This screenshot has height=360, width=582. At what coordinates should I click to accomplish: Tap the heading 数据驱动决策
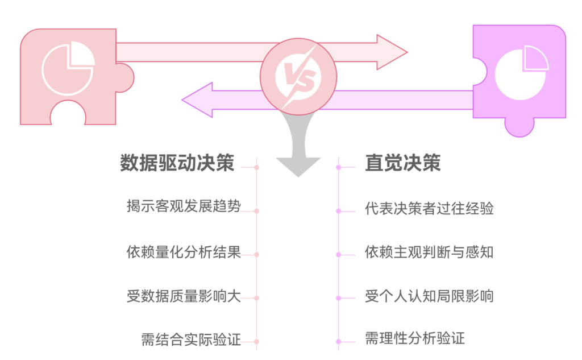[x=177, y=163]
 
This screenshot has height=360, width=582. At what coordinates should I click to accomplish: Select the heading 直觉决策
[x=403, y=163]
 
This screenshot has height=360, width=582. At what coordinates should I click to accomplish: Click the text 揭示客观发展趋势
[x=184, y=206]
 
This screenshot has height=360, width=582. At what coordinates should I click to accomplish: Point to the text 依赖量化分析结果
[x=184, y=251]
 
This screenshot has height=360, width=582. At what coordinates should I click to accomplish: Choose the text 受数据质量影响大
[x=184, y=296]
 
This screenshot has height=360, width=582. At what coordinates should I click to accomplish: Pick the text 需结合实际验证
[x=191, y=341]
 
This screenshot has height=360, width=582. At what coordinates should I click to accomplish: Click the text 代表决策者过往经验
[x=429, y=208]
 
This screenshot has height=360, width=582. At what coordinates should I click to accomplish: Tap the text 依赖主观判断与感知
[x=429, y=252]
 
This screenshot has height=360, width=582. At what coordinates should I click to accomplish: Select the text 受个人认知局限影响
[x=429, y=296]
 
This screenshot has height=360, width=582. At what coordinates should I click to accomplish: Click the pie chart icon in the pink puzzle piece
[x=68, y=69]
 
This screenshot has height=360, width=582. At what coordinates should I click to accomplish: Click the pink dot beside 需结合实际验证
[x=257, y=341]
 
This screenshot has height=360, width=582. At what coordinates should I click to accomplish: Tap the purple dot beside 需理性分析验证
[x=338, y=341]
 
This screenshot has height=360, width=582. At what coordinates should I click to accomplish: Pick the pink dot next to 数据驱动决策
[x=257, y=167]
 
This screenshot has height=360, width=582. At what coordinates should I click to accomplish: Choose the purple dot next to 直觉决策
[x=338, y=167]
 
